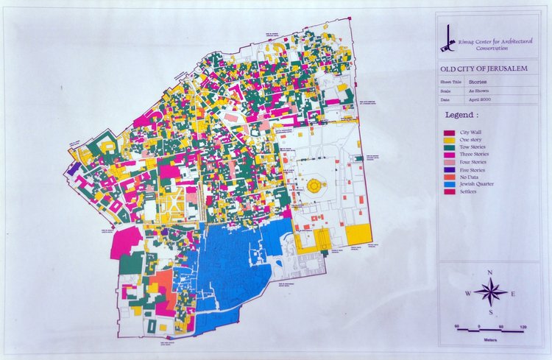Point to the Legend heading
462,116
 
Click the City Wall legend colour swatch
447,132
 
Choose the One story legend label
470,139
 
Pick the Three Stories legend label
474,154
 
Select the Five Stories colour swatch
447,169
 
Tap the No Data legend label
470,177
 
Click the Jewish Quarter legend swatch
447,184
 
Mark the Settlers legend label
469,191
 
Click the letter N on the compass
490,274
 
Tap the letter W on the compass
467,294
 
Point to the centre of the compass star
490,293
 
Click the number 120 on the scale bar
522,325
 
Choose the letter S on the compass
490,312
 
